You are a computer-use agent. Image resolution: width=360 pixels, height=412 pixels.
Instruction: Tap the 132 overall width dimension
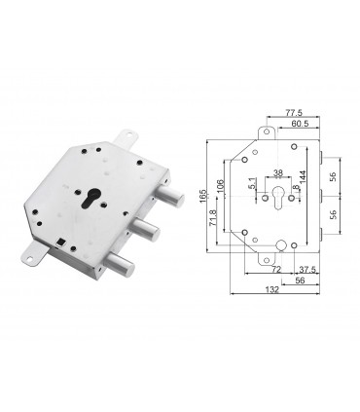coord(276,289)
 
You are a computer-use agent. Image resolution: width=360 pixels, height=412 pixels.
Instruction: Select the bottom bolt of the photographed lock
coord(120,264)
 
